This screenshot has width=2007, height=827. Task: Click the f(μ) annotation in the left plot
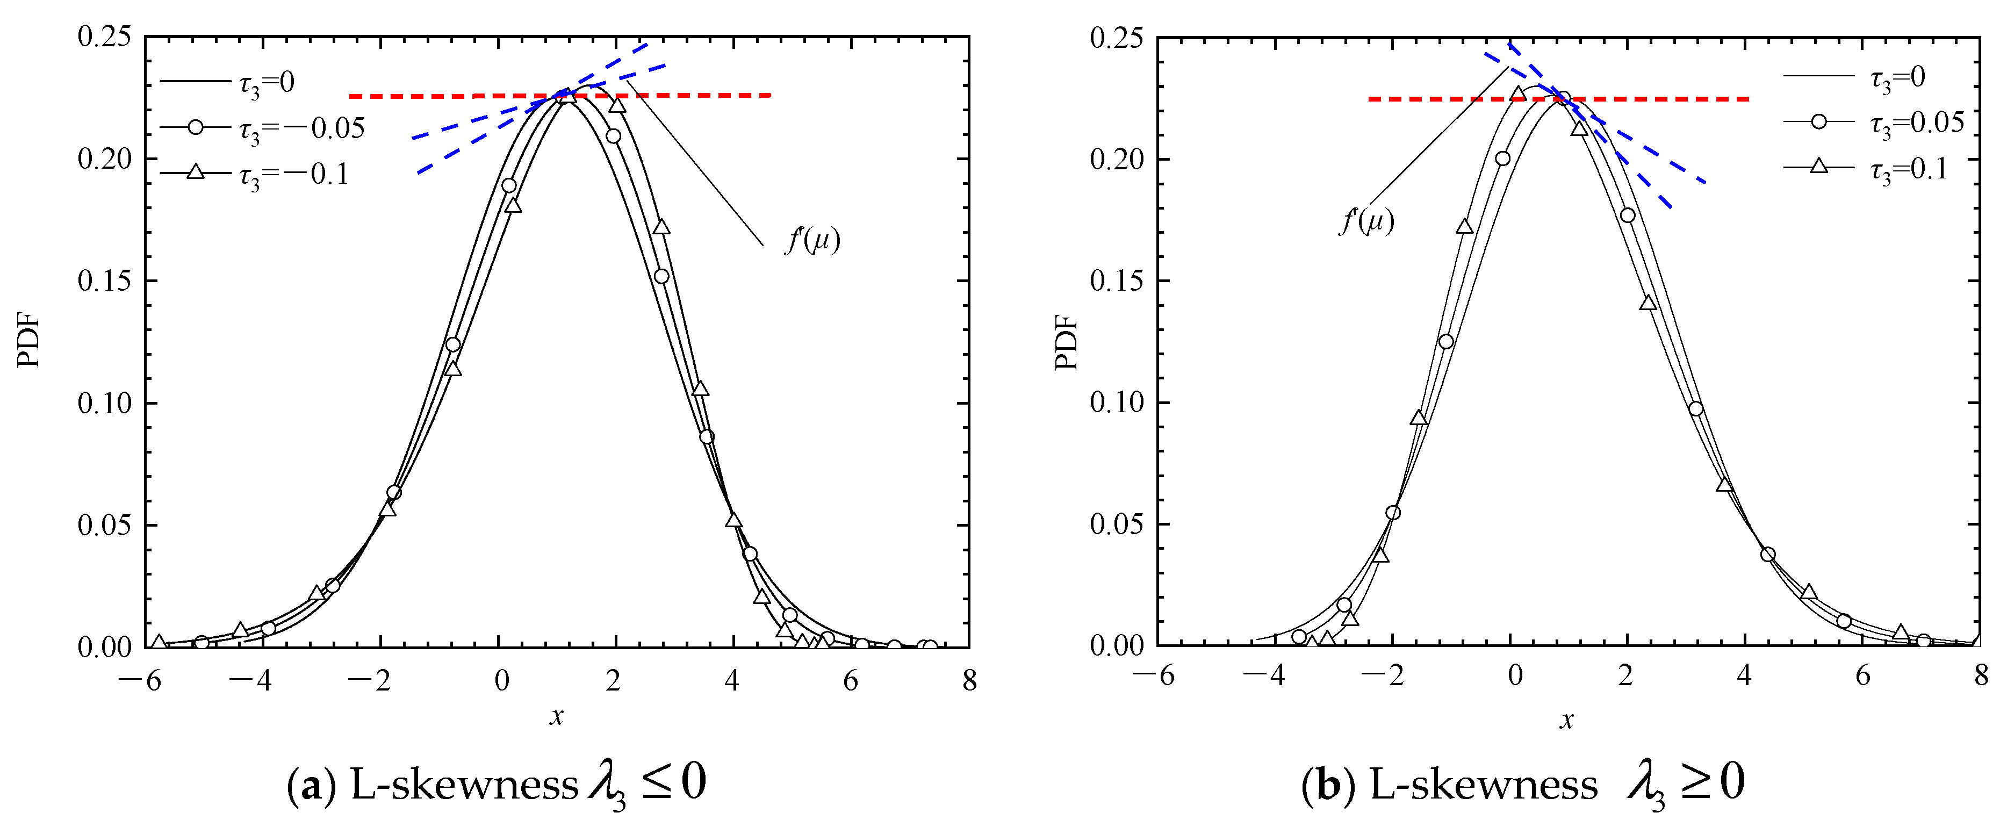(x=812, y=240)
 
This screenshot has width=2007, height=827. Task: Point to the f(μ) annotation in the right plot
(x=1366, y=221)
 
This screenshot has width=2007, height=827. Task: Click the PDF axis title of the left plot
(x=29, y=341)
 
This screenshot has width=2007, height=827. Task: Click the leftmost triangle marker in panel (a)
(x=159, y=642)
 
